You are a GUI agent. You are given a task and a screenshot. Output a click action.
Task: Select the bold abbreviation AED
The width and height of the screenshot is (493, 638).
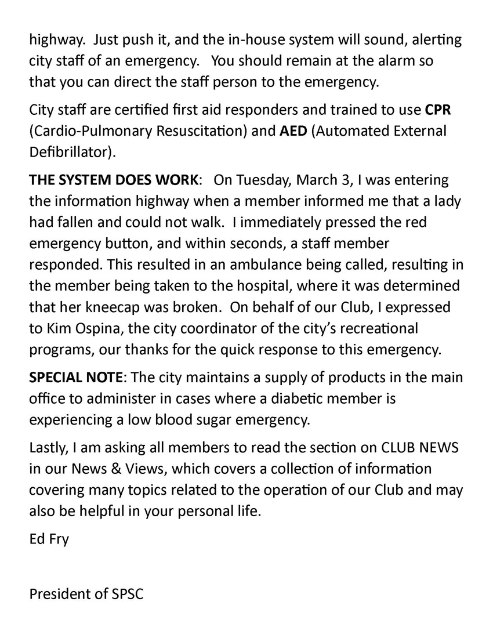coord(293,130)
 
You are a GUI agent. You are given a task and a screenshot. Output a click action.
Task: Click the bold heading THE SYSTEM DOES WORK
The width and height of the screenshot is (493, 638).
coord(114,180)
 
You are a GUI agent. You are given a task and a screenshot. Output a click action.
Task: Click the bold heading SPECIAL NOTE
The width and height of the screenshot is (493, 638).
coord(76,378)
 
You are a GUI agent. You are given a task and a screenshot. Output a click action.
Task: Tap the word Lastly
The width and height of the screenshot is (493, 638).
coord(49,448)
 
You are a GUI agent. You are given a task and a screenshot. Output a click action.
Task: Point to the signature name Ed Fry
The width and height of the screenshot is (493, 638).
coord(49,539)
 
